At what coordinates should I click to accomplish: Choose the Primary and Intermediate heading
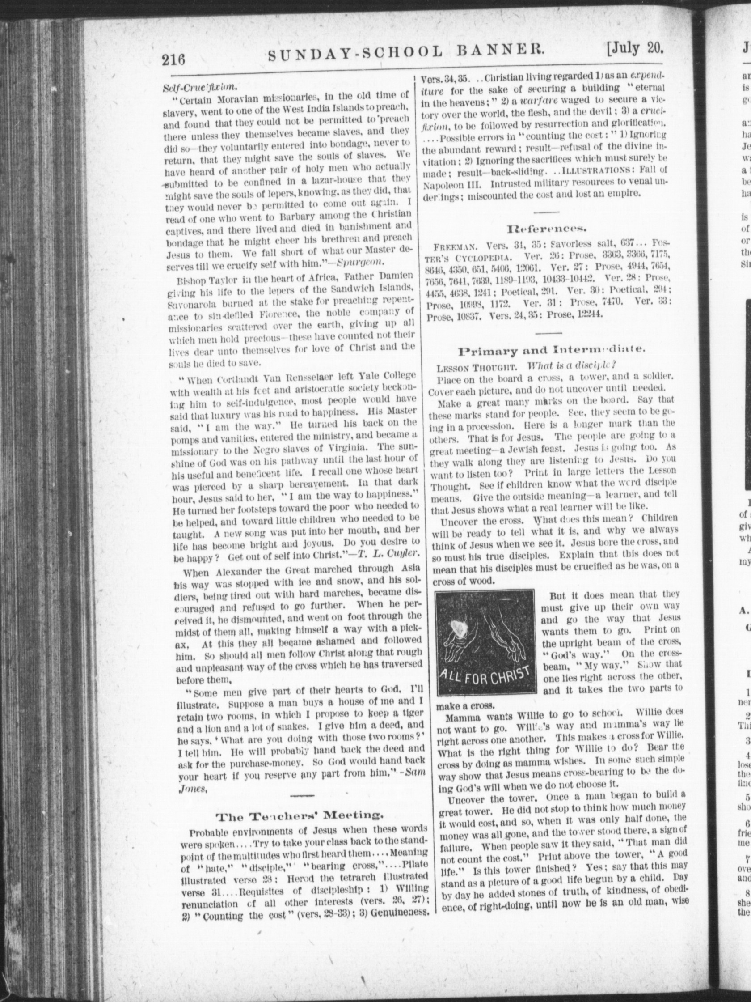click(x=552, y=350)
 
